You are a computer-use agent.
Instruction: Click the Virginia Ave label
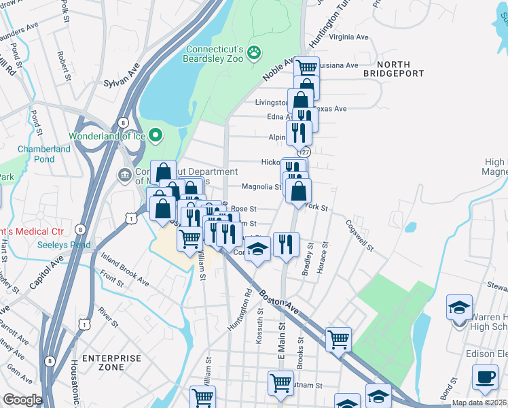click(x=348, y=37)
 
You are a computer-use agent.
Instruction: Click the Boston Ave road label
click(x=278, y=303)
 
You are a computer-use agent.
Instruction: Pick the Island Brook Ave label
click(x=124, y=270)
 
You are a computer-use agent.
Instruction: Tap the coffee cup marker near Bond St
click(x=485, y=377)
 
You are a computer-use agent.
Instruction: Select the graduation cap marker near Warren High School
click(x=459, y=307)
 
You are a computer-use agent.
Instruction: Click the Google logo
click(x=22, y=400)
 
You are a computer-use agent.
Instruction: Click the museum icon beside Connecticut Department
click(x=125, y=175)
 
